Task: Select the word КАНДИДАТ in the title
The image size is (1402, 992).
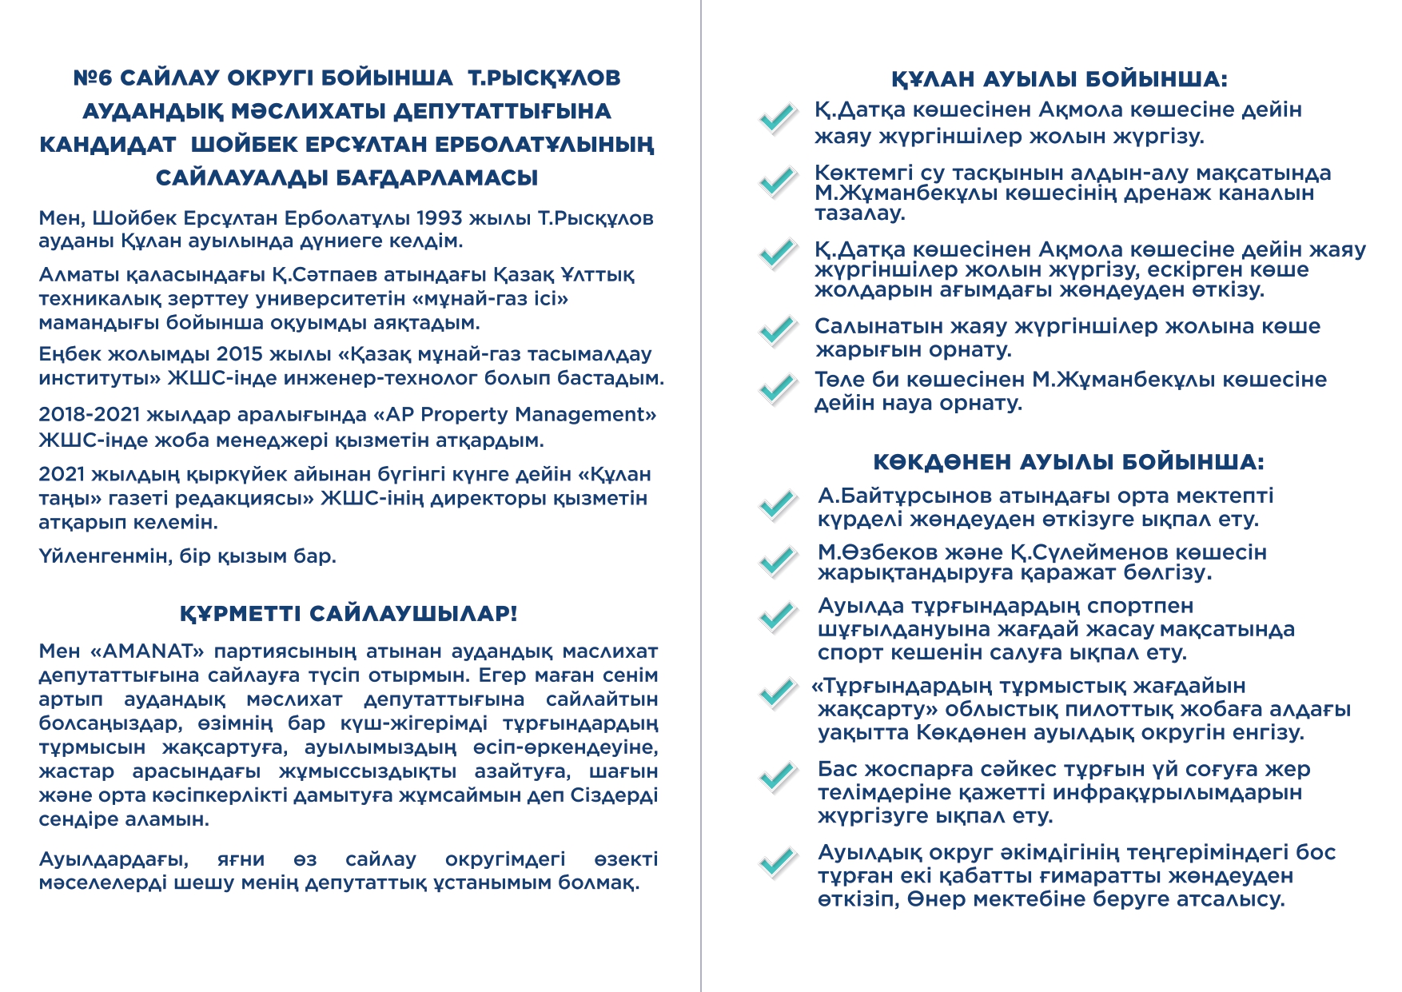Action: point(107,145)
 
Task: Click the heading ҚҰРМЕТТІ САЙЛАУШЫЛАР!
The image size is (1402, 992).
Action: point(349,614)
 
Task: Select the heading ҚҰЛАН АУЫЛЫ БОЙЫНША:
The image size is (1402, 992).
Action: point(1059,79)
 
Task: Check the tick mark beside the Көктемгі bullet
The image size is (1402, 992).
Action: point(776,182)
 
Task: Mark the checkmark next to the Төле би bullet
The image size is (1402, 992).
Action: point(776,388)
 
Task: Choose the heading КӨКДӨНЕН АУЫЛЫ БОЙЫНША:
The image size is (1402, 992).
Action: point(1069,463)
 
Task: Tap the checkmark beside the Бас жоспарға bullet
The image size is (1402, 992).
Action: point(776,777)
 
